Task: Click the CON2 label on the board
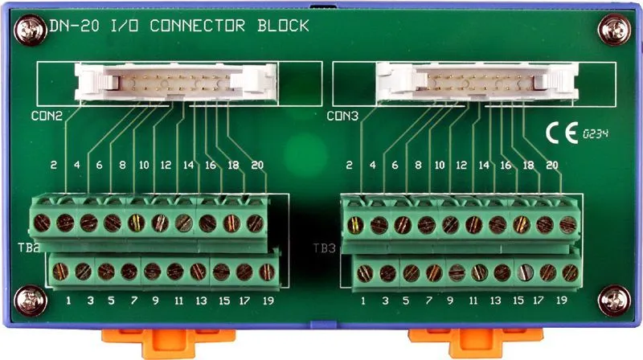[47, 116]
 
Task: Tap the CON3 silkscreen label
[342, 116]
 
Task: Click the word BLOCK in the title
[284, 26]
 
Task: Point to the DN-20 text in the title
[74, 26]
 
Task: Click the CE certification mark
[562, 133]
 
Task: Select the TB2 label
[28, 247]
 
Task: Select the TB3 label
[325, 248]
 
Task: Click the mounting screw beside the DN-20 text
[31, 30]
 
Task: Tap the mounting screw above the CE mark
[614, 30]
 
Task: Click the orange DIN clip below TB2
[168, 342]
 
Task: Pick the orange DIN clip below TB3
[475, 342]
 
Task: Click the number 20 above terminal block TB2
[257, 165]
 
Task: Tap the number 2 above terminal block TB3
[349, 165]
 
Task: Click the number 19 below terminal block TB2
[268, 301]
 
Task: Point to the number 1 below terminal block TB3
[363, 301]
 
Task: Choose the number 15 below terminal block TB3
[518, 301]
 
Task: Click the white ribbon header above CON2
[175, 82]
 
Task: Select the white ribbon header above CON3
[477, 82]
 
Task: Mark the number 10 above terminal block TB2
[144, 165]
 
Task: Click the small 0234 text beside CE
[596, 133]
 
